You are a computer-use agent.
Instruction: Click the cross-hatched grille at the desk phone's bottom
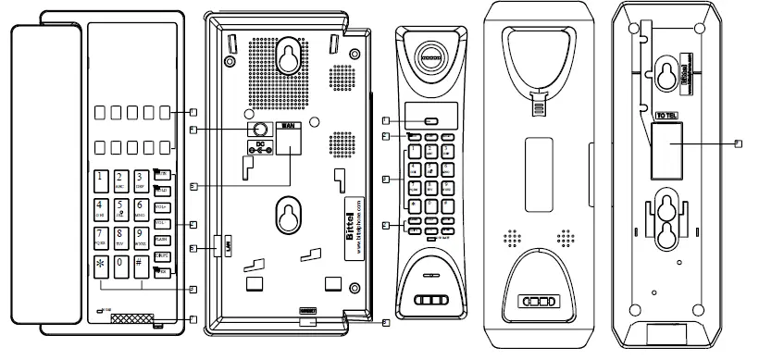(x=130, y=318)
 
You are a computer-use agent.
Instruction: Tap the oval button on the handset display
(x=430, y=121)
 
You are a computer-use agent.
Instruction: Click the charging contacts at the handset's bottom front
(x=432, y=301)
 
